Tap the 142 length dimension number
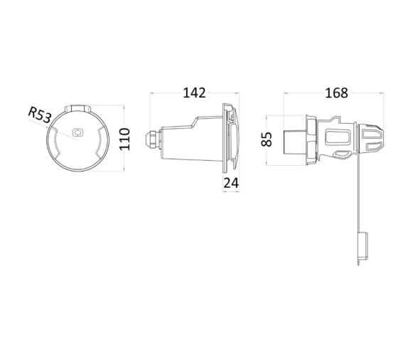coord(193,93)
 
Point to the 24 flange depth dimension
coord(231,183)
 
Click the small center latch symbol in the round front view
coord(77,133)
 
